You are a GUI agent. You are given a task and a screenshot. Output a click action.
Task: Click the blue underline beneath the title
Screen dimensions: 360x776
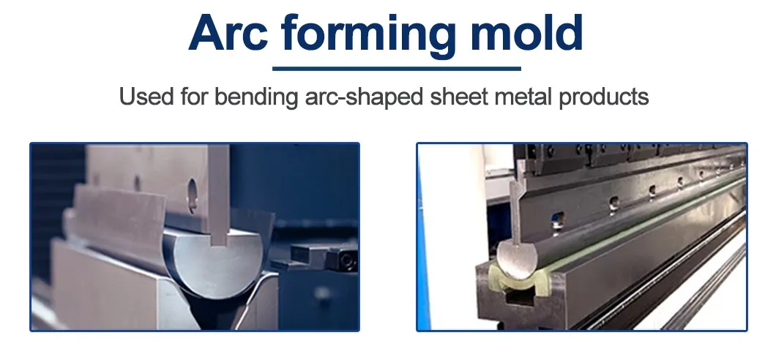pyautogui.click(x=396, y=68)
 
